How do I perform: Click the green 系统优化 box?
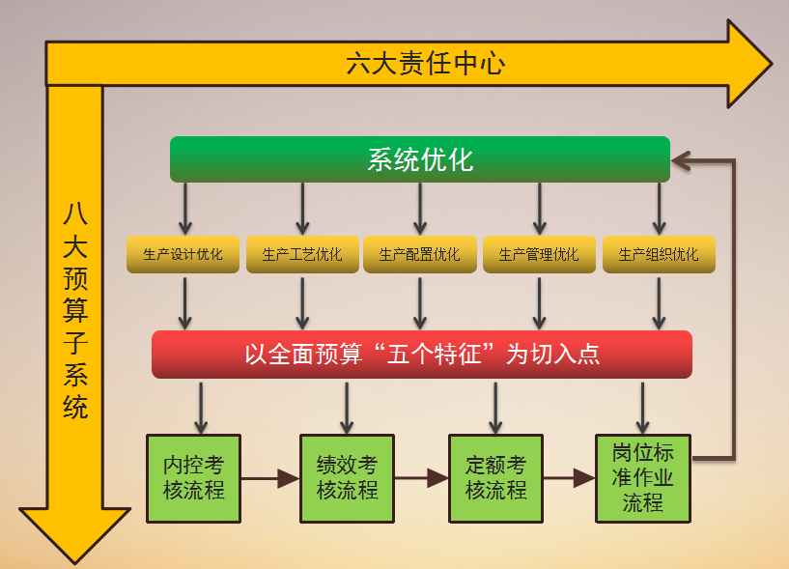tap(419, 159)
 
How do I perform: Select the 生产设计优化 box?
tap(183, 254)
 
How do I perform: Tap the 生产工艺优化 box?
tap(301, 254)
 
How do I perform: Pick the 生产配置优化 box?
tap(419, 254)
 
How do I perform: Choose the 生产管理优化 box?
tap(539, 254)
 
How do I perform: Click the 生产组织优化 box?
tap(659, 254)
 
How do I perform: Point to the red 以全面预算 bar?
tap(422, 355)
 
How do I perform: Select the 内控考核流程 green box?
tap(193, 477)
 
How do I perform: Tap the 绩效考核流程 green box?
tap(347, 477)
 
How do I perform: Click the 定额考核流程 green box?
tap(495, 477)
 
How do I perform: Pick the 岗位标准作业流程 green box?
tap(643, 477)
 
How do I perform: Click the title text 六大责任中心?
tap(425, 64)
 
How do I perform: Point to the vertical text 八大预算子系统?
tap(75, 309)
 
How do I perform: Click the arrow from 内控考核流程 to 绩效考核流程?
tap(269, 477)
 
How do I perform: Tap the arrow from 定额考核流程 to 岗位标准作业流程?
tap(570, 477)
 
